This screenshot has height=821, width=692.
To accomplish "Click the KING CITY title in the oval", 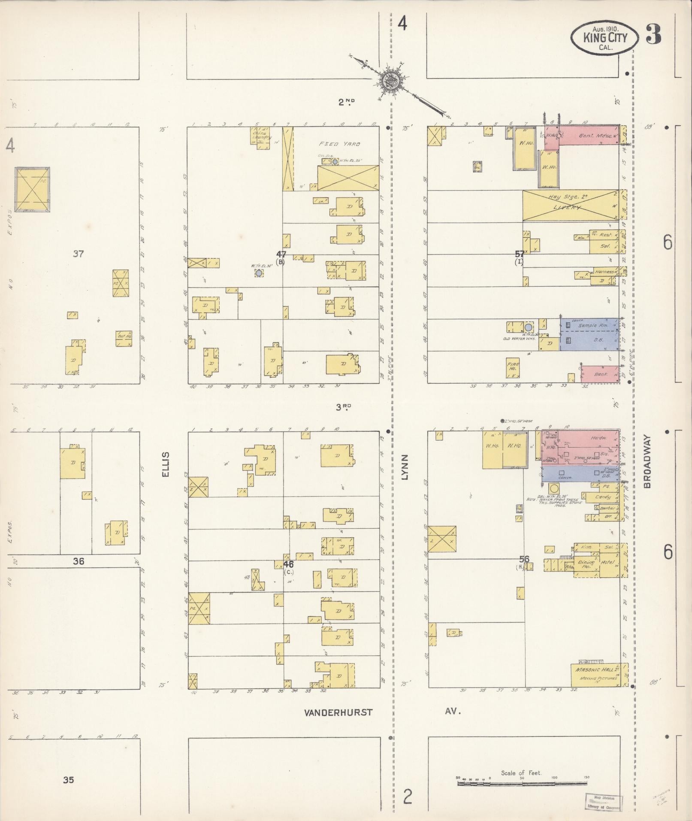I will tap(605, 38).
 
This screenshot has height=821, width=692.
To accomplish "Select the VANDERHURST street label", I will tap(338, 712).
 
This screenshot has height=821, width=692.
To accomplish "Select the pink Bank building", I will tap(600, 374).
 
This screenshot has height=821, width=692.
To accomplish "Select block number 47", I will tap(281, 254).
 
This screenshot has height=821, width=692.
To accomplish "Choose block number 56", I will tap(524, 559).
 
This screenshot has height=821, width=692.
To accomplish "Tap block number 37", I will tap(78, 254).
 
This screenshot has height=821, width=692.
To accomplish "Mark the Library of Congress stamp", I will tap(604, 802).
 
